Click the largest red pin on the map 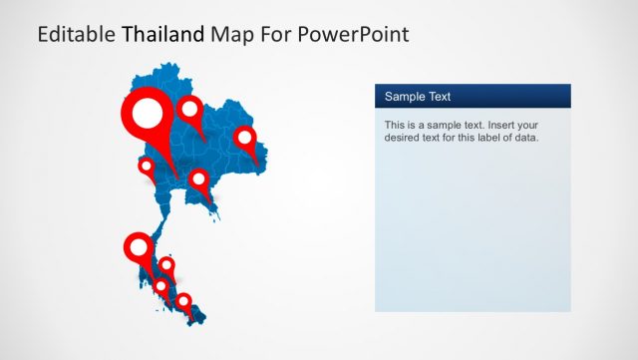click(x=148, y=118)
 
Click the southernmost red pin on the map click(x=183, y=300)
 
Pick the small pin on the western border click(x=147, y=166)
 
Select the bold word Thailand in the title click(x=163, y=35)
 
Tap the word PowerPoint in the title click(x=356, y=35)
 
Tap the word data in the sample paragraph click(x=525, y=138)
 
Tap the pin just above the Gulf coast click(x=199, y=181)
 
